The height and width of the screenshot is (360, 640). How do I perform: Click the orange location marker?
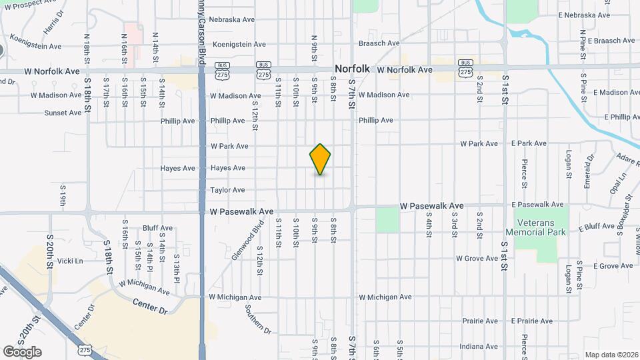click(x=320, y=159)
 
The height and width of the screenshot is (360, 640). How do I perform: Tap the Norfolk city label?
click(x=352, y=69)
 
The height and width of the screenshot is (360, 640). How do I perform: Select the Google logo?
click(x=22, y=351)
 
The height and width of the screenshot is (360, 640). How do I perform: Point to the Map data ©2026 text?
click(x=611, y=355)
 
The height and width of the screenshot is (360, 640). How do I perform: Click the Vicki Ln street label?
click(x=70, y=261)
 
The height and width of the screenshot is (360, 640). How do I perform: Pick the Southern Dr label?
click(x=257, y=319)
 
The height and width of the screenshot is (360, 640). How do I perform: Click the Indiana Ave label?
click(x=479, y=347)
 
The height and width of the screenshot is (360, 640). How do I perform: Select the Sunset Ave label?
click(x=63, y=113)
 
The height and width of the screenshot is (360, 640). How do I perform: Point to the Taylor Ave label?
click(x=227, y=190)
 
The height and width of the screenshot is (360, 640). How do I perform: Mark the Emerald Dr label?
click(x=589, y=171)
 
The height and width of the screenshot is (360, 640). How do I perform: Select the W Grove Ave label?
click(x=477, y=258)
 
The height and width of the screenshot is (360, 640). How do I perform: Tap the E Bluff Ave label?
click(x=596, y=227)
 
